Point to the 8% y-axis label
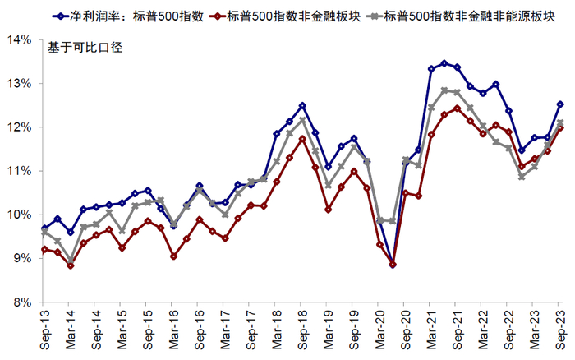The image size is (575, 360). pyautogui.click(x=22, y=302)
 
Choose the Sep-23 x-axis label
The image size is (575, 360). pyautogui.click(x=561, y=327)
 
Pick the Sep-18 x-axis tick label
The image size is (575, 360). pyautogui.click(x=302, y=327)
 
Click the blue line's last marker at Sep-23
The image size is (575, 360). pyautogui.click(x=560, y=104)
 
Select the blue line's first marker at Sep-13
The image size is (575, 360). pyautogui.click(x=44, y=228)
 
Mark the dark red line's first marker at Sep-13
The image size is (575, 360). pyautogui.click(x=44, y=249)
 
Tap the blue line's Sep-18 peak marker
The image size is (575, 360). pyautogui.click(x=302, y=105)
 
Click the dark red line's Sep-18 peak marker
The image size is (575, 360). pyautogui.click(x=302, y=139)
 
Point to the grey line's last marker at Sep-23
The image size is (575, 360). pyautogui.click(x=560, y=122)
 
